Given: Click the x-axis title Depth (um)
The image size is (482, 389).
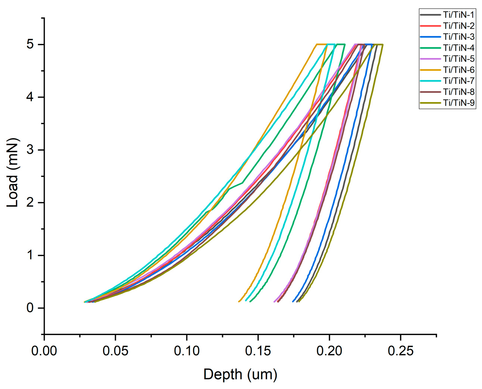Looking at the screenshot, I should click(240, 374).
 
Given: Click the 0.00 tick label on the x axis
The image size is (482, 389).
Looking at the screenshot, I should click(44, 351).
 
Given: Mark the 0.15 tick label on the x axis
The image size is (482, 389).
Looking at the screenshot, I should click(258, 351).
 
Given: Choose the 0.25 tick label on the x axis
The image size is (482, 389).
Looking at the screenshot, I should click(400, 351).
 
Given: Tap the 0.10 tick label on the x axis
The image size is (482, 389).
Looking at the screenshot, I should click(186, 351).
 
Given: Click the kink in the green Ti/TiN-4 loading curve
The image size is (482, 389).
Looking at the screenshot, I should click(242, 183).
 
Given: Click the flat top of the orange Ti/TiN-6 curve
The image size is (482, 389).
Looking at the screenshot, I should click(321, 44).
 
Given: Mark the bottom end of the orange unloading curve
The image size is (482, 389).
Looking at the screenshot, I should click(239, 301).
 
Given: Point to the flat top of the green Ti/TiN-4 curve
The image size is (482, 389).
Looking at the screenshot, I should click(341, 44).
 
